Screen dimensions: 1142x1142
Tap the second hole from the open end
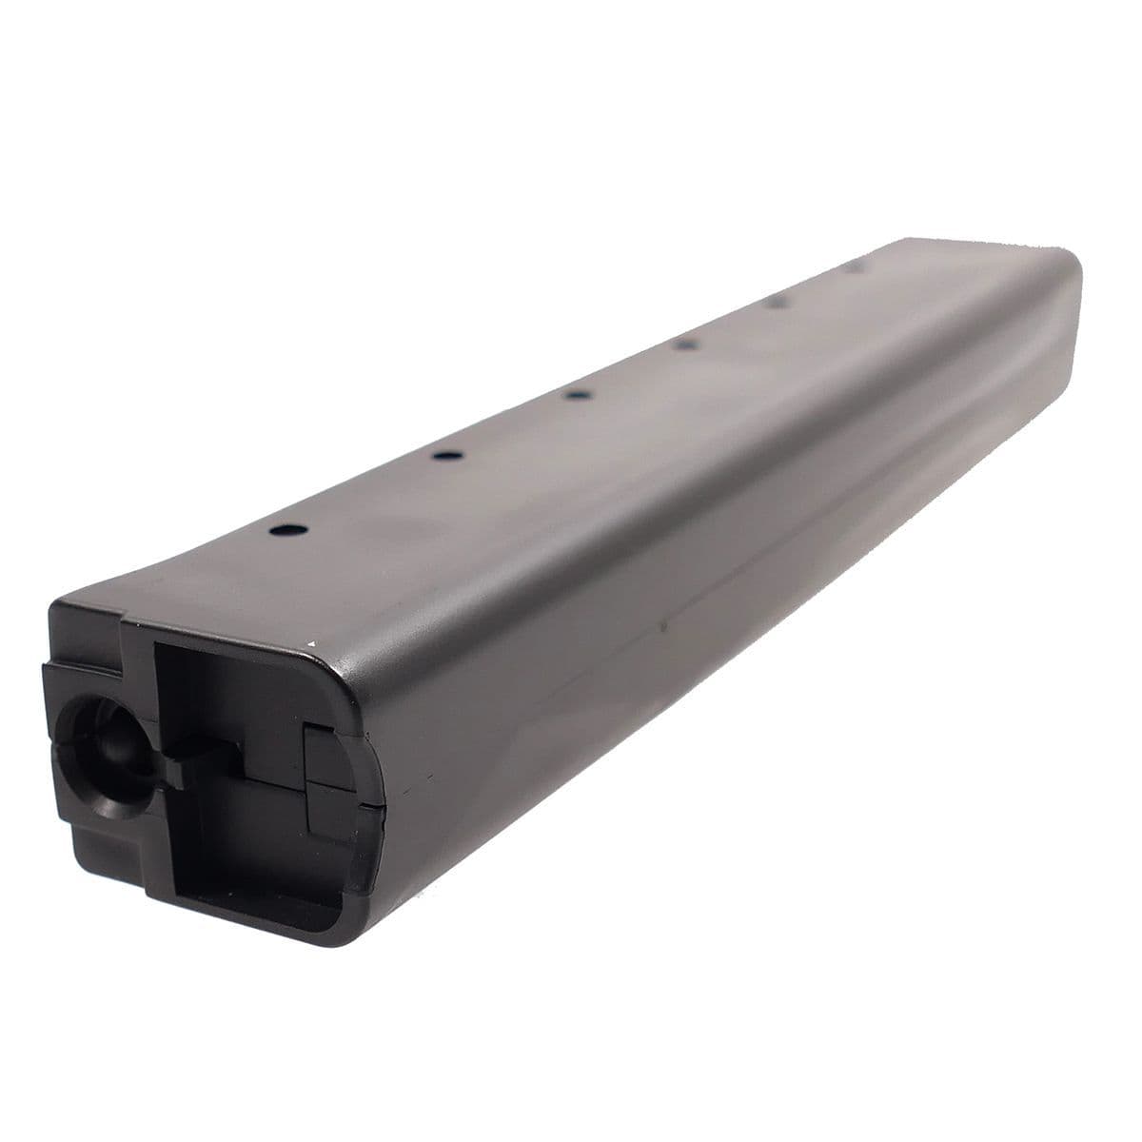pos(443,457)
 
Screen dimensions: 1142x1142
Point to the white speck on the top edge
pos(311,646)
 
